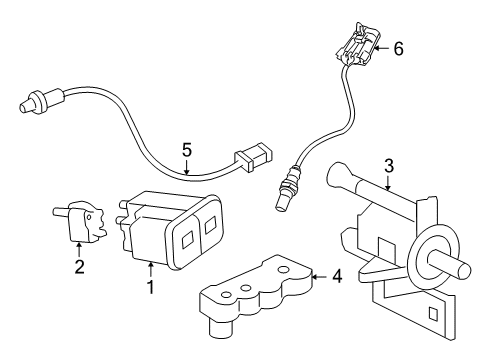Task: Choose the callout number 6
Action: coord(398,47)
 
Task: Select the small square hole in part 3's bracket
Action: coord(431,317)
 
